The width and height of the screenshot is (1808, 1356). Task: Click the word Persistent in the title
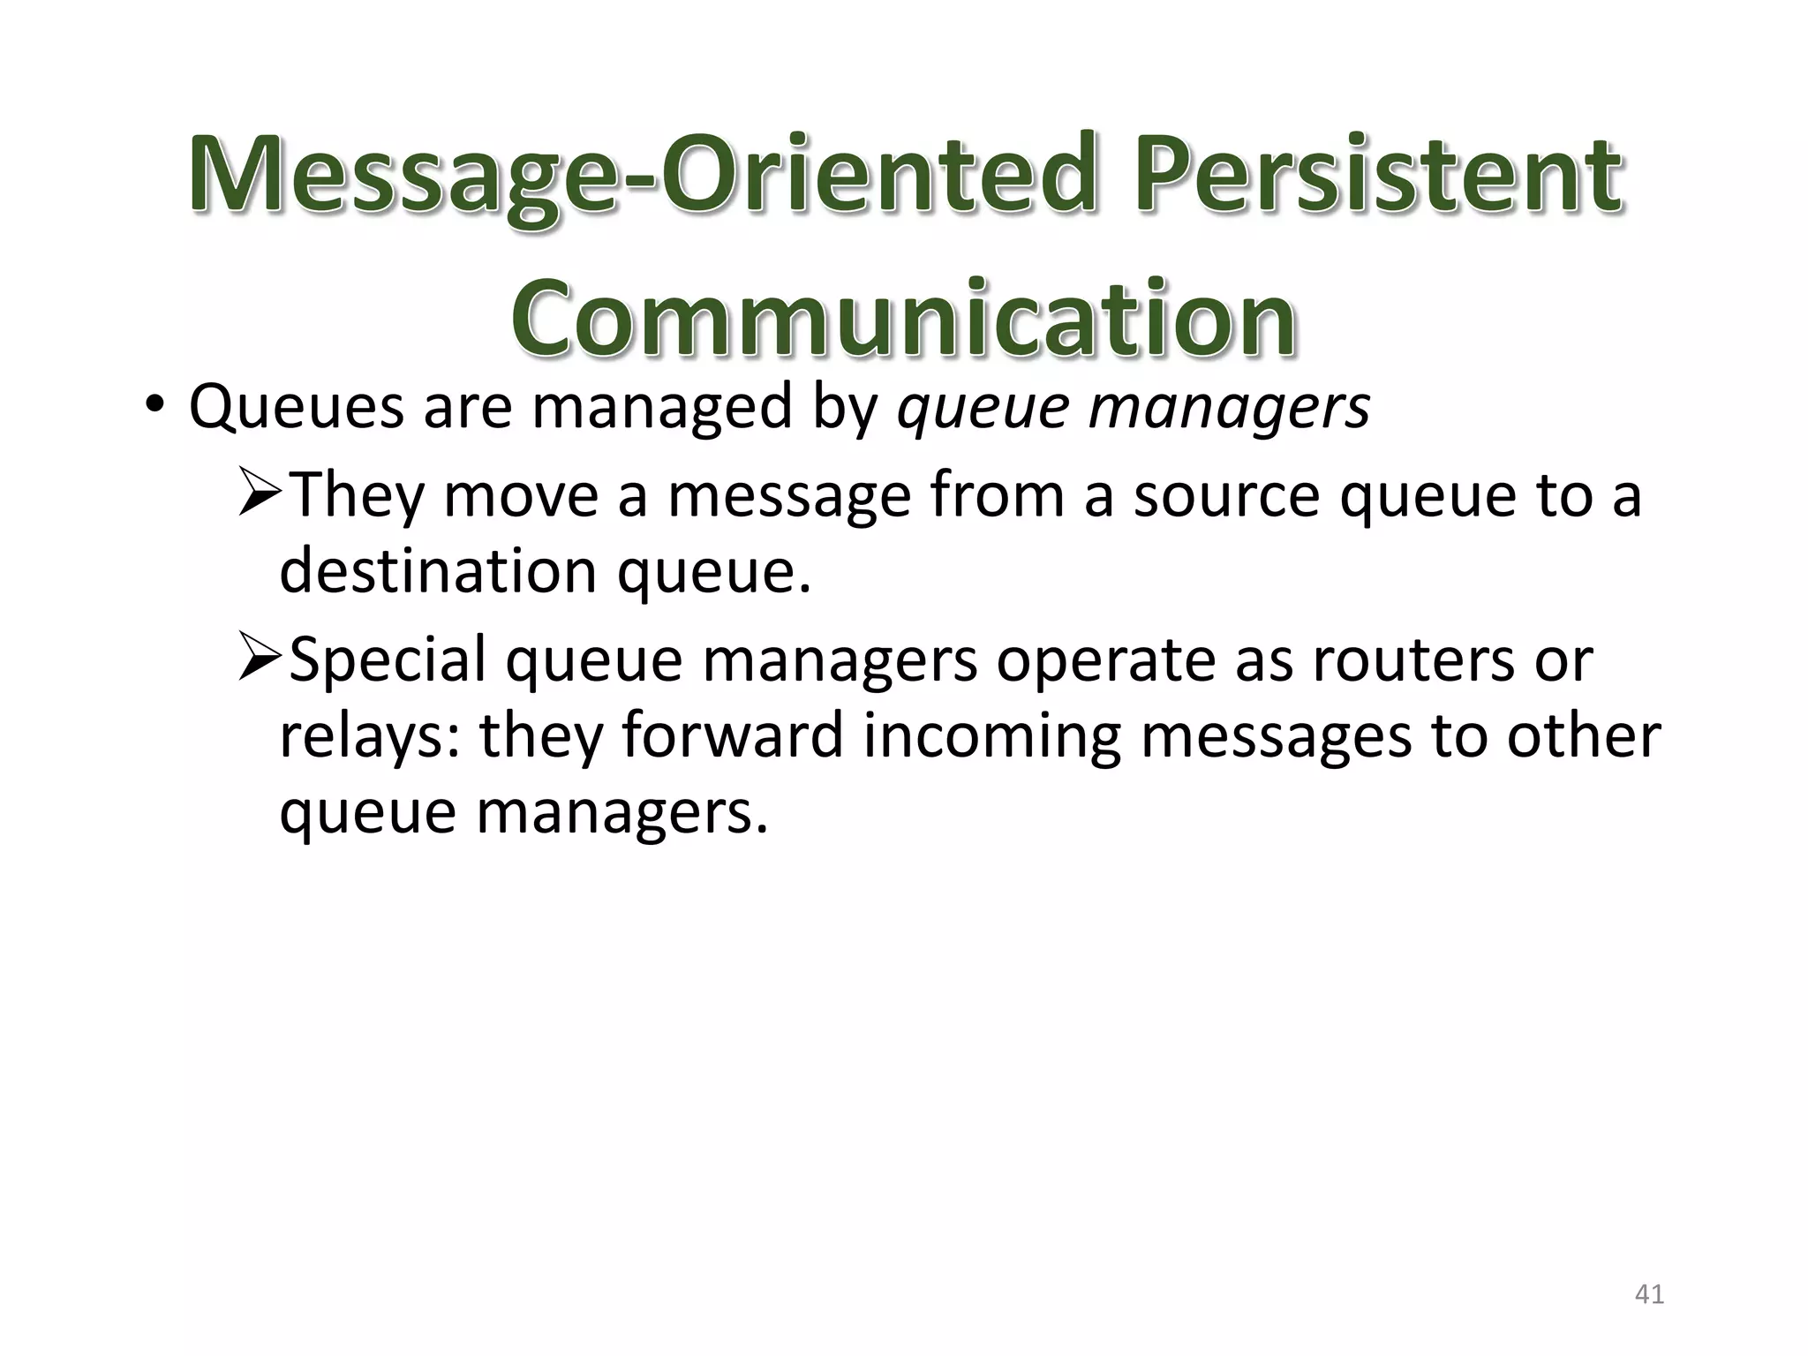[1379, 175]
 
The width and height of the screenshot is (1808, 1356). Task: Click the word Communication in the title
[903, 320]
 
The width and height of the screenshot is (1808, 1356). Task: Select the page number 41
[1649, 1294]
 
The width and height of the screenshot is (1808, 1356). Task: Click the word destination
[438, 570]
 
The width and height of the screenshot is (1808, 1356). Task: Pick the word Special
[387, 659]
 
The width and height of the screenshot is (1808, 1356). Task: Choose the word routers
[1412, 659]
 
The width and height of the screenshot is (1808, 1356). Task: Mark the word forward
[733, 735]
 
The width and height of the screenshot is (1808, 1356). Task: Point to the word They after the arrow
[357, 495]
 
